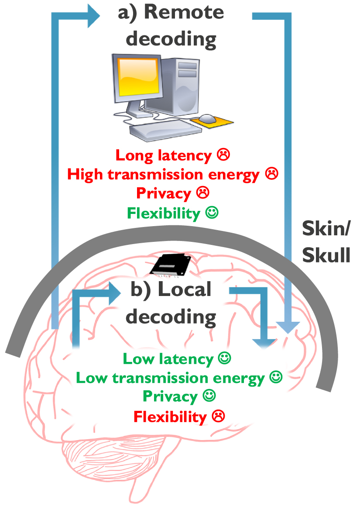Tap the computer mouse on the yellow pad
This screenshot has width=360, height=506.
tap(208, 118)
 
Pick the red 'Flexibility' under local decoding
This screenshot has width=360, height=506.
tap(170, 417)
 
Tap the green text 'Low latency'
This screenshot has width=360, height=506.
tap(168, 359)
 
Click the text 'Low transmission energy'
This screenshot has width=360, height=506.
tap(170, 378)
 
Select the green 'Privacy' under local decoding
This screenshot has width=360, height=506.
tap(170, 397)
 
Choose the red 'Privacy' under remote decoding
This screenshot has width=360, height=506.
tap(164, 194)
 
